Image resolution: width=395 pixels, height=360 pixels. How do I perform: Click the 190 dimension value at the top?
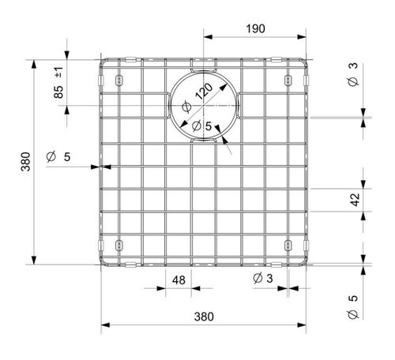coord(254,28)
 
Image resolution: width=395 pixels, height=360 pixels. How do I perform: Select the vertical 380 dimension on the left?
coord(26,164)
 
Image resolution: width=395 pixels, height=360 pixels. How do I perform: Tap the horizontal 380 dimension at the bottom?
coord(204,317)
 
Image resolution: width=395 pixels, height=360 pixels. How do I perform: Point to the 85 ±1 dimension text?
coord(59,82)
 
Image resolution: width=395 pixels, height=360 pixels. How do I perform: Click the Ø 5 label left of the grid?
coord(58,156)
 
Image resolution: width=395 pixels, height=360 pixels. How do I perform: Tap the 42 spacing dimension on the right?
coord(355,200)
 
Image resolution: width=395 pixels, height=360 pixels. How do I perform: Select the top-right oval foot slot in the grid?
coord(288,79)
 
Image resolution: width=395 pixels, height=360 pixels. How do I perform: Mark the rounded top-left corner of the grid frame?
coord(104,62)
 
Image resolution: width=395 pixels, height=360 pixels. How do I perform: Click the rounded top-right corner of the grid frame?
coord(304,62)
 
